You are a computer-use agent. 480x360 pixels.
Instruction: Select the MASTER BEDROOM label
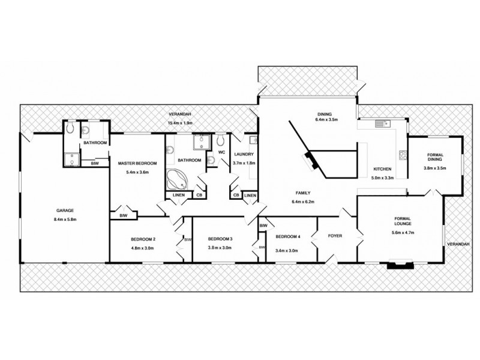click(137, 163)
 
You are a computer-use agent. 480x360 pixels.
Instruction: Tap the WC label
click(221, 152)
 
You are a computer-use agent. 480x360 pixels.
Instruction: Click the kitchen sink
click(380, 125)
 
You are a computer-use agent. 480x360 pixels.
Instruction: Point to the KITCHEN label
click(383, 169)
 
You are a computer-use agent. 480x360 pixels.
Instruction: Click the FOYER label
click(335, 236)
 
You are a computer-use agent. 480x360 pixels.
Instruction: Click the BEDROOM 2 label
click(143, 239)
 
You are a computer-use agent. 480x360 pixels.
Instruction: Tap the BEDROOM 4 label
click(287, 236)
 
